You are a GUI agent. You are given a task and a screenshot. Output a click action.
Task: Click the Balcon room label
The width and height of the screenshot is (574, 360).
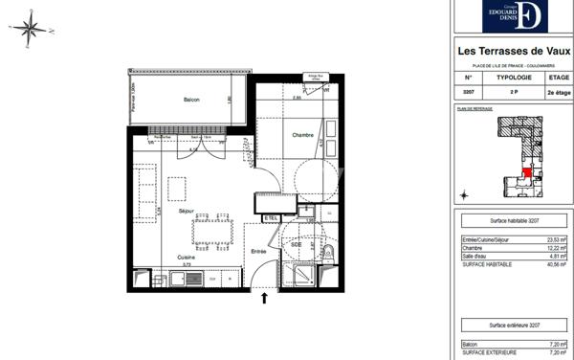point(191,100)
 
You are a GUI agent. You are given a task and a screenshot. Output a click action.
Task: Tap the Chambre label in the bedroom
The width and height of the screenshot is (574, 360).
point(302,134)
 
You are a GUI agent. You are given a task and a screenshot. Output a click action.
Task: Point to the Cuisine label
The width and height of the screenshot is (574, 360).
point(188,259)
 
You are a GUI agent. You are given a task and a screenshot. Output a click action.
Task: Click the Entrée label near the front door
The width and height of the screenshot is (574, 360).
point(258,251)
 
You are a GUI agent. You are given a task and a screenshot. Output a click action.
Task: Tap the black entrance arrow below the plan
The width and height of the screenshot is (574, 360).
point(265,301)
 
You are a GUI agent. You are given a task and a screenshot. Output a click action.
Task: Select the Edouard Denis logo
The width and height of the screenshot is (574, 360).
point(517,16)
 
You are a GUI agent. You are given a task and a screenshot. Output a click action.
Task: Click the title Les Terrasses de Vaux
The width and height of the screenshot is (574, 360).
point(513,52)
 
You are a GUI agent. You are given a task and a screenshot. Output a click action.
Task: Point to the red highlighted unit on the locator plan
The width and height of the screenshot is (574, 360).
point(525,172)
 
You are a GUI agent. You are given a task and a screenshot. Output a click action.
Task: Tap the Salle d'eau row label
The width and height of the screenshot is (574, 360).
point(477,256)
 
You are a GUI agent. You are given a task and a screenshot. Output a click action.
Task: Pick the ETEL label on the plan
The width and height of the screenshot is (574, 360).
point(271,218)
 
